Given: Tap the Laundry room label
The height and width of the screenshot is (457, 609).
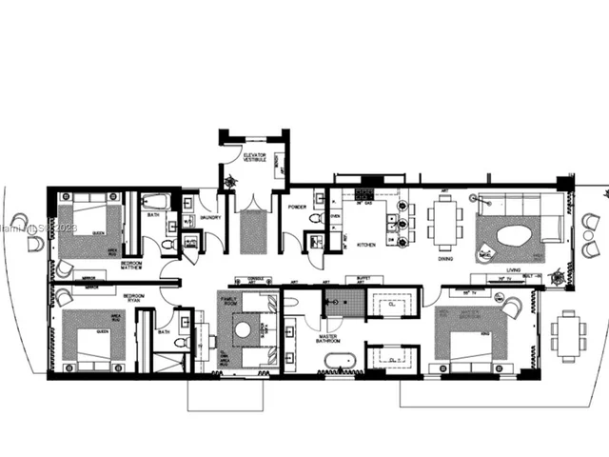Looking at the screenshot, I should [210, 218].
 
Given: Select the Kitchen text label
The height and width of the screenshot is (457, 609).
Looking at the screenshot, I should [365, 245].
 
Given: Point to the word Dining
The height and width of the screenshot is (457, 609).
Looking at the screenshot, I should [445, 258].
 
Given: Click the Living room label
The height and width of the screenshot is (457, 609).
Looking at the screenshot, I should [514, 269].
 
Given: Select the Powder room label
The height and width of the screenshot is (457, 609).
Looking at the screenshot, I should [296, 206].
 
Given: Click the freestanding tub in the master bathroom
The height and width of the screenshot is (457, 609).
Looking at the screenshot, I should [338, 361].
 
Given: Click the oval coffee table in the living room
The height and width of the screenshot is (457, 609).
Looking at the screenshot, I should [514, 235].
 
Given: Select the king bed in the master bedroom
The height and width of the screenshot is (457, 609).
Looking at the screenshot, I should [468, 335].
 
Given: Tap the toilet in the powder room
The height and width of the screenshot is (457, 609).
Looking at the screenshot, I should [316, 220].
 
